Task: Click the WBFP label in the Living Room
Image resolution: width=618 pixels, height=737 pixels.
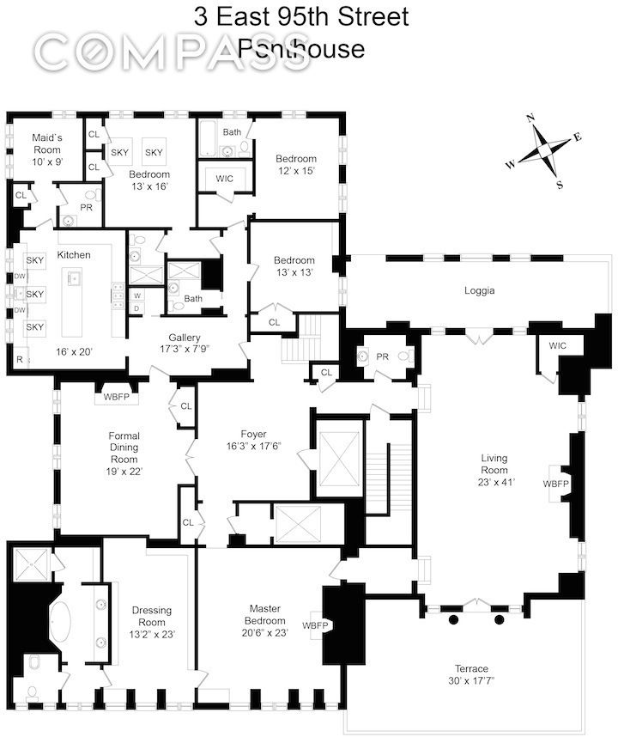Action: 554,484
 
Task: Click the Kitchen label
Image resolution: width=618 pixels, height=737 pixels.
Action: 74,255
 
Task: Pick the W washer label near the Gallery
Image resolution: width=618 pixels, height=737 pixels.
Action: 136,295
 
